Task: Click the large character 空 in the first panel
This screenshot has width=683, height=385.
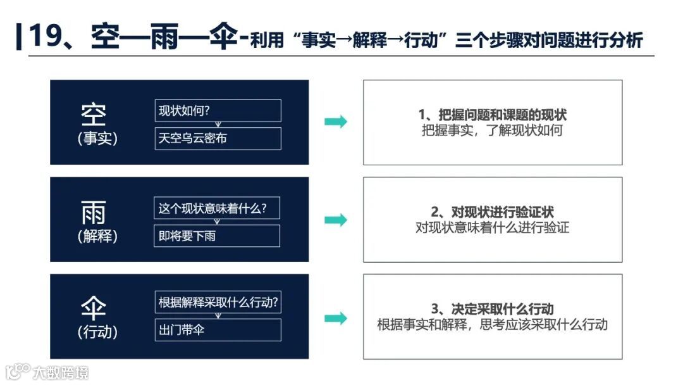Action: [94, 115]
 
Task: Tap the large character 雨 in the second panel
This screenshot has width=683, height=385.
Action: [94, 213]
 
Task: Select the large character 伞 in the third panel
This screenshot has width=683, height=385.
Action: [94, 309]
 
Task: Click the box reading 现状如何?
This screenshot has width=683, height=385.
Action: [218, 111]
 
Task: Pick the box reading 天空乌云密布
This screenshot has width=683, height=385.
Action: [218, 138]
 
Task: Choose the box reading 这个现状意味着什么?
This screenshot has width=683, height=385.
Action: [217, 208]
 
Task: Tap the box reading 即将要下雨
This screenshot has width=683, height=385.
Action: [217, 236]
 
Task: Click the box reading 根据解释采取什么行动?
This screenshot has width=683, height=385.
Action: [218, 302]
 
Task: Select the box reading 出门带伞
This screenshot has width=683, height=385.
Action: [218, 329]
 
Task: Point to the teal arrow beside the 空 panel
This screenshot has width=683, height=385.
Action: [336, 122]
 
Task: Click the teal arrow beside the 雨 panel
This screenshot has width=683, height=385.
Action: [336, 220]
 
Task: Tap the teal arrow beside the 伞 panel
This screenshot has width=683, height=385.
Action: [336, 318]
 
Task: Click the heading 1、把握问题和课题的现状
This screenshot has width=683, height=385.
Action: [492, 115]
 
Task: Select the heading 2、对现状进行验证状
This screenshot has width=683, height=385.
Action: [492, 212]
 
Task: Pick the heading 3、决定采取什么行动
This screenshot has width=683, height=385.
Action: [492, 310]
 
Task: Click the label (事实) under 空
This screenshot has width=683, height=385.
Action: [97, 139]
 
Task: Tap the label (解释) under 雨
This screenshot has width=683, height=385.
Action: [97, 236]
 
